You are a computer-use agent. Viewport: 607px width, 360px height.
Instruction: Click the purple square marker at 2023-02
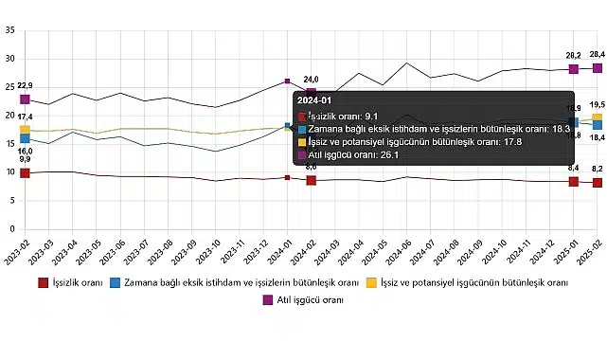coord(26,99)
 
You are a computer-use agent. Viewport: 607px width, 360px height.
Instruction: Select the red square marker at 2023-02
coord(26,172)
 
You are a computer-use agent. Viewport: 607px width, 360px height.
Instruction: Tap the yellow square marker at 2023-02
coord(26,130)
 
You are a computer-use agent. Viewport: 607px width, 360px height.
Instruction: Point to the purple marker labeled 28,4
coord(598,67)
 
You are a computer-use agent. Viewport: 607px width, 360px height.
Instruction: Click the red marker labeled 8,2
coord(598,182)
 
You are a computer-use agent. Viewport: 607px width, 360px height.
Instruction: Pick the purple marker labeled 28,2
coord(574,68)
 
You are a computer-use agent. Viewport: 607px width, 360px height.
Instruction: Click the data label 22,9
coord(26,85)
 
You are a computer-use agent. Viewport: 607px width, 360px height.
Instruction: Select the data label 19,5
coord(598,105)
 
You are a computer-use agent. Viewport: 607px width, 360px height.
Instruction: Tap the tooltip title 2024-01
coord(313,99)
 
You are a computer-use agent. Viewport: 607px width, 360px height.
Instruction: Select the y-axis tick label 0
coord(11,229)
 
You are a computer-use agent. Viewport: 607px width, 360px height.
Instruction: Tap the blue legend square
coord(115,282)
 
